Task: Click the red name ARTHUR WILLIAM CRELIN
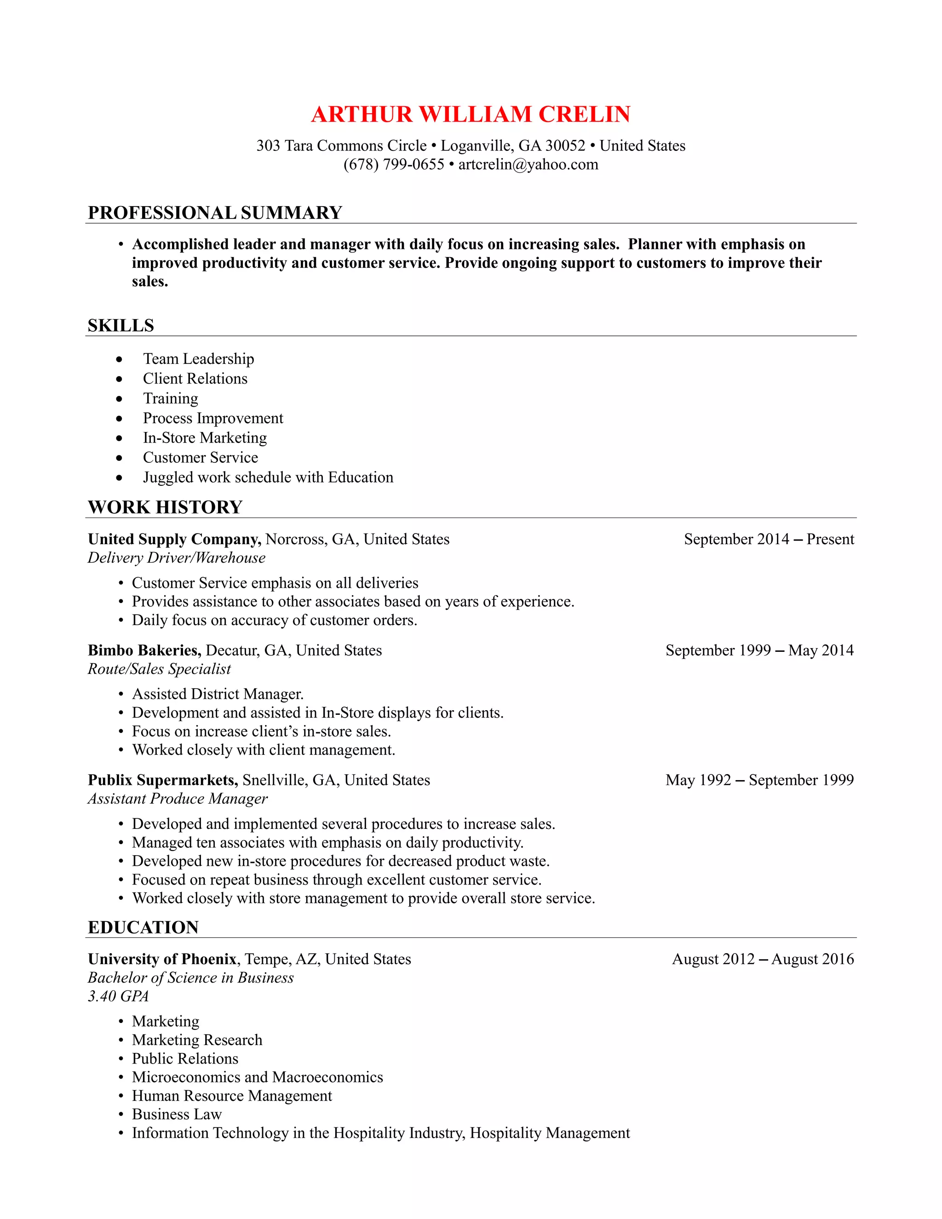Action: [471, 115]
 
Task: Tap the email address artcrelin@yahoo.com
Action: [528, 165]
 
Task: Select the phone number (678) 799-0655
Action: [393, 165]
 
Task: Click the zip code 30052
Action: [565, 146]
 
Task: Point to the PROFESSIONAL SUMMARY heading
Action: [215, 213]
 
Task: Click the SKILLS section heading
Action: [121, 325]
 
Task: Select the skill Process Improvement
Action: [213, 418]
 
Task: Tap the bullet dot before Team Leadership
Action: [119, 359]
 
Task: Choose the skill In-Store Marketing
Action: [205, 437]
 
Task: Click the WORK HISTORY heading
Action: [165, 507]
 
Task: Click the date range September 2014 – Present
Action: [769, 539]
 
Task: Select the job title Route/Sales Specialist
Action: [159, 669]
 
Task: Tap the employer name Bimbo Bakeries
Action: [144, 650]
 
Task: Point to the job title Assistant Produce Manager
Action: [178, 799]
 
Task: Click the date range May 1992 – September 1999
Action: [759, 780]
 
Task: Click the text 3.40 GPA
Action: [118, 996]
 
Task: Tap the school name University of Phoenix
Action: [162, 959]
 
